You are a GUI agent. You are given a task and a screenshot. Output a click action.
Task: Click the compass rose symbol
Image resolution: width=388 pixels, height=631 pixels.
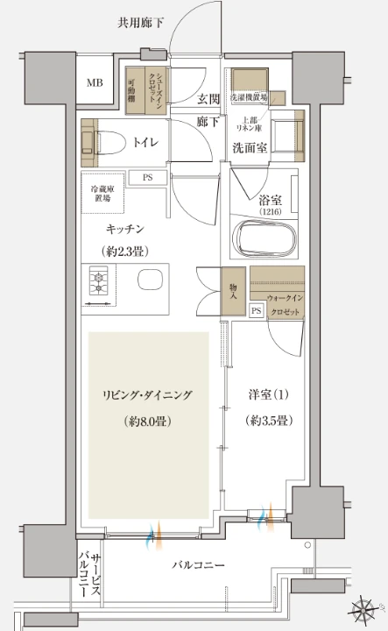(x=363, y=607)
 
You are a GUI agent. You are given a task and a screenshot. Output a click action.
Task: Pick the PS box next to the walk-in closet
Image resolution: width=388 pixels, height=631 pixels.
(x=257, y=311)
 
